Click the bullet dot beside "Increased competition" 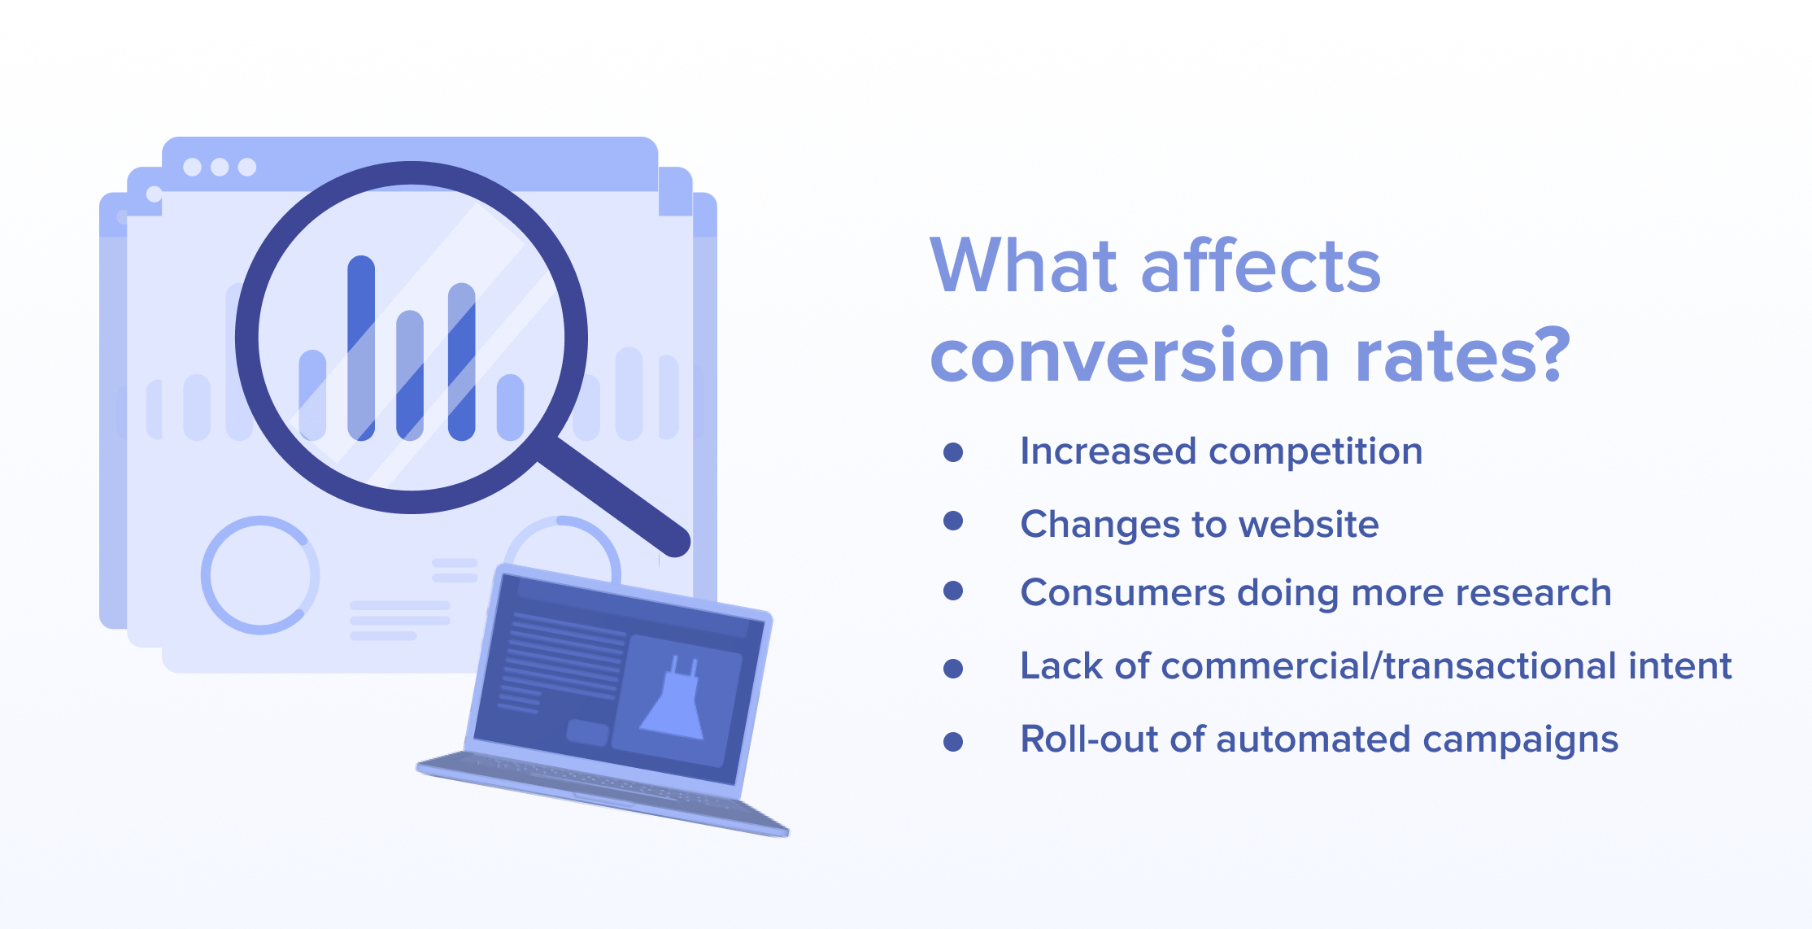[953, 452]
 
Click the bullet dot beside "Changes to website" [953, 521]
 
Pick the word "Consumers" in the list [1122, 592]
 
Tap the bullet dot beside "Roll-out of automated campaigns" [953, 742]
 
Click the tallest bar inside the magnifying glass [361, 348]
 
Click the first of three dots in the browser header [193, 167]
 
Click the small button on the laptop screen [588, 732]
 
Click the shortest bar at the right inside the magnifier [511, 408]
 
